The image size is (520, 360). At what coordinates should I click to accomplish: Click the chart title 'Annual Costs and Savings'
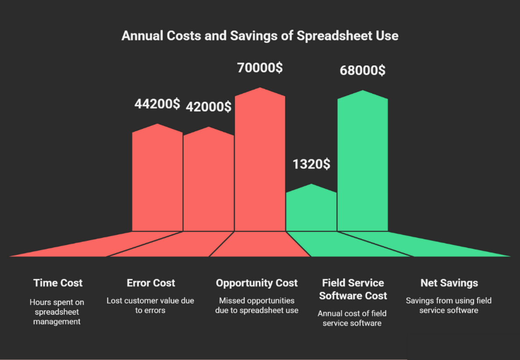point(260,36)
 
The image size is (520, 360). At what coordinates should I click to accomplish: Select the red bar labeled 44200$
point(157,180)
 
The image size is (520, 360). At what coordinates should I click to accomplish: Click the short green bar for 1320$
point(311,208)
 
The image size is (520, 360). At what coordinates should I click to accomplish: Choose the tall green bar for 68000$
point(362,162)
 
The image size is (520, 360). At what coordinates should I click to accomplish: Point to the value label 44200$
point(157,104)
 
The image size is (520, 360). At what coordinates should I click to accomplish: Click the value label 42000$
point(209,107)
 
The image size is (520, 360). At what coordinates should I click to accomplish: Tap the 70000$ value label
point(260,68)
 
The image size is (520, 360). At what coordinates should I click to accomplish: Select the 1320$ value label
point(311,164)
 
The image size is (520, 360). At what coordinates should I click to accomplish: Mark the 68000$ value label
point(362,70)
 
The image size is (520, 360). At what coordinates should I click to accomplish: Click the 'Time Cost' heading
point(58,283)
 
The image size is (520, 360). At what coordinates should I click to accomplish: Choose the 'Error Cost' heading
point(151,283)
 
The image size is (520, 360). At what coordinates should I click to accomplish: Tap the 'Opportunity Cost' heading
point(257,283)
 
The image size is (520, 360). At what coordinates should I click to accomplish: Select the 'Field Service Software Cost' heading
point(353,289)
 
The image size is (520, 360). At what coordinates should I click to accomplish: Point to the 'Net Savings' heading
point(449,283)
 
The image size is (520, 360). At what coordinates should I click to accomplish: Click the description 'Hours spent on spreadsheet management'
point(57,312)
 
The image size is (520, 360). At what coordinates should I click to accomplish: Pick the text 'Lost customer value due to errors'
point(150,306)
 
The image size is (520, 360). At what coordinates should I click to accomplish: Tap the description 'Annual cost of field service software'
point(352,318)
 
